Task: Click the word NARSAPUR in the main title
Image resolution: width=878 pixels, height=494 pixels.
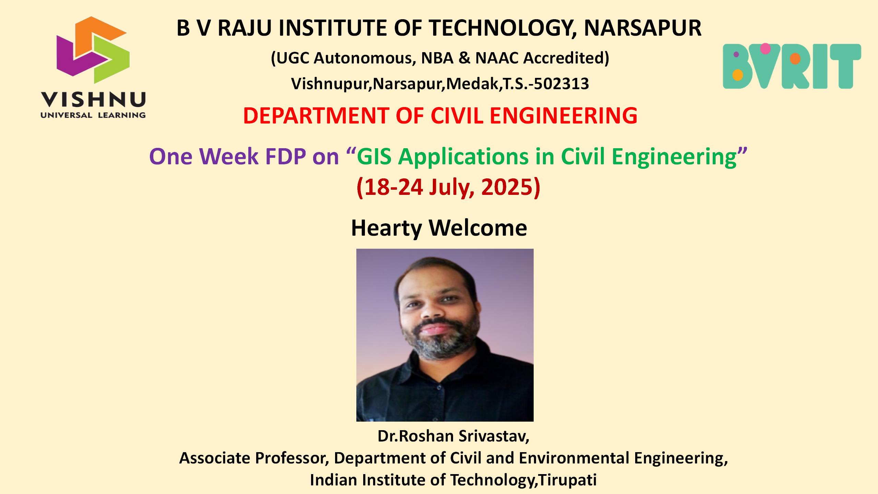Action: [642, 28]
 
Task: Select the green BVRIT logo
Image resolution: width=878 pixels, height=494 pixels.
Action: [792, 66]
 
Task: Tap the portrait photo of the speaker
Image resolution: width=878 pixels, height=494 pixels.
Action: [445, 335]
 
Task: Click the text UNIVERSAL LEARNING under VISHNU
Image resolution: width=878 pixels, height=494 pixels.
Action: [93, 115]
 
